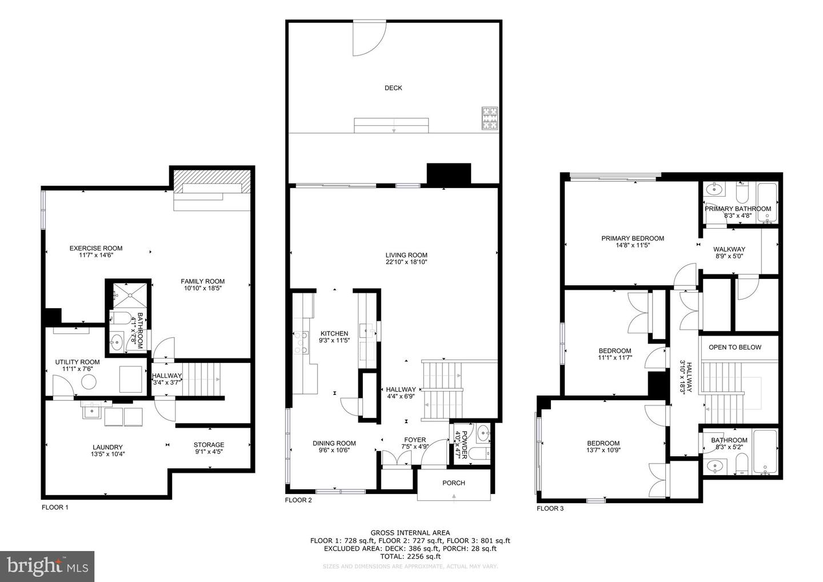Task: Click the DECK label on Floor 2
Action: (x=393, y=88)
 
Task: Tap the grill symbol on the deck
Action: (x=490, y=118)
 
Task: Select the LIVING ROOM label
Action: (x=406, y=255)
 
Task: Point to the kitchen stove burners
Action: (x=301, y=342)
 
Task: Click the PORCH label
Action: (x=454, y=483)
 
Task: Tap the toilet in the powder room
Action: (x=480, y=454)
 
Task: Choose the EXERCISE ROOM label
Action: (x=96, y=248)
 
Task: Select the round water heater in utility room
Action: (x=89, y=382)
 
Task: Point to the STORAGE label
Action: (x=209, y=445)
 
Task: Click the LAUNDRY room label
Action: (x=107, y=447)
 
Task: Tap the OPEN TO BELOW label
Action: (x=735, y=347)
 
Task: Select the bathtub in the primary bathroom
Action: (x=767, y=203)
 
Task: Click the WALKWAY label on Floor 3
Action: (x=729, y=249)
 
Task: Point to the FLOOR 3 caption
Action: (x=550, y=508)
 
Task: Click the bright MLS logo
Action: (x=47, y=566)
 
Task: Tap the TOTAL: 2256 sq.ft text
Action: (x=410, y=556)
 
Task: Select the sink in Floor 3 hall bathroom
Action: (x=715, y=467)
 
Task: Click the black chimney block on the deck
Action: (x=449, y=173)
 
